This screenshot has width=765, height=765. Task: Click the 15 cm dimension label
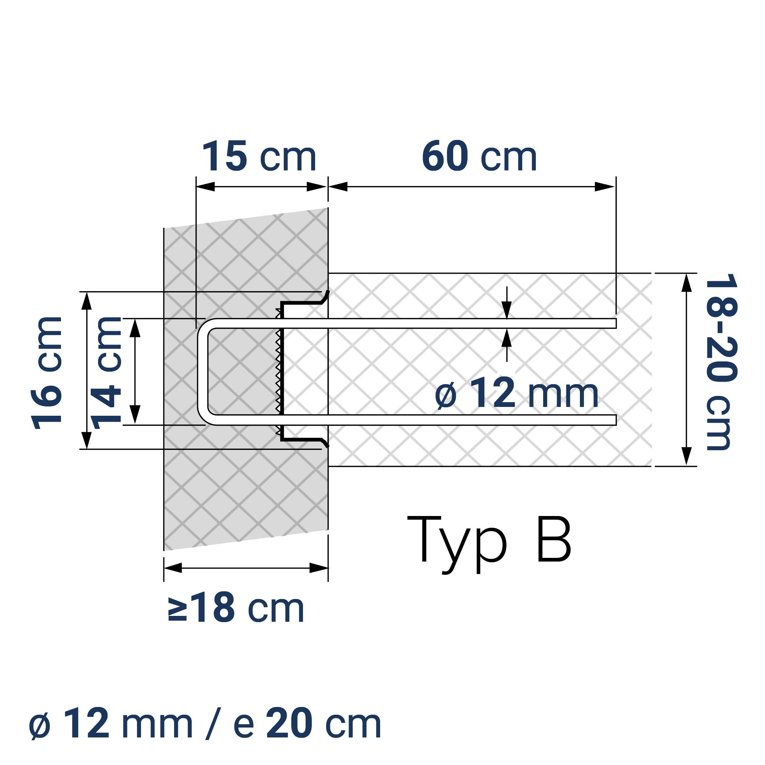[x=259, y=157]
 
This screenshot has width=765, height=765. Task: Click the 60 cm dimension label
[x=479, y=157]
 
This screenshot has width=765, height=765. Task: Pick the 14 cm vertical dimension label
[x=106, y=373]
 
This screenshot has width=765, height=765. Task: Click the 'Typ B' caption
[x=490, y=542]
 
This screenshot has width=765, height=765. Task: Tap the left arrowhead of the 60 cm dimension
[x=338, y=187]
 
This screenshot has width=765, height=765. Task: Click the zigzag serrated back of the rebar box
[x=279, y=372]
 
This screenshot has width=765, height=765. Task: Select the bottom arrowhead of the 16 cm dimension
[x=87, y=440]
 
